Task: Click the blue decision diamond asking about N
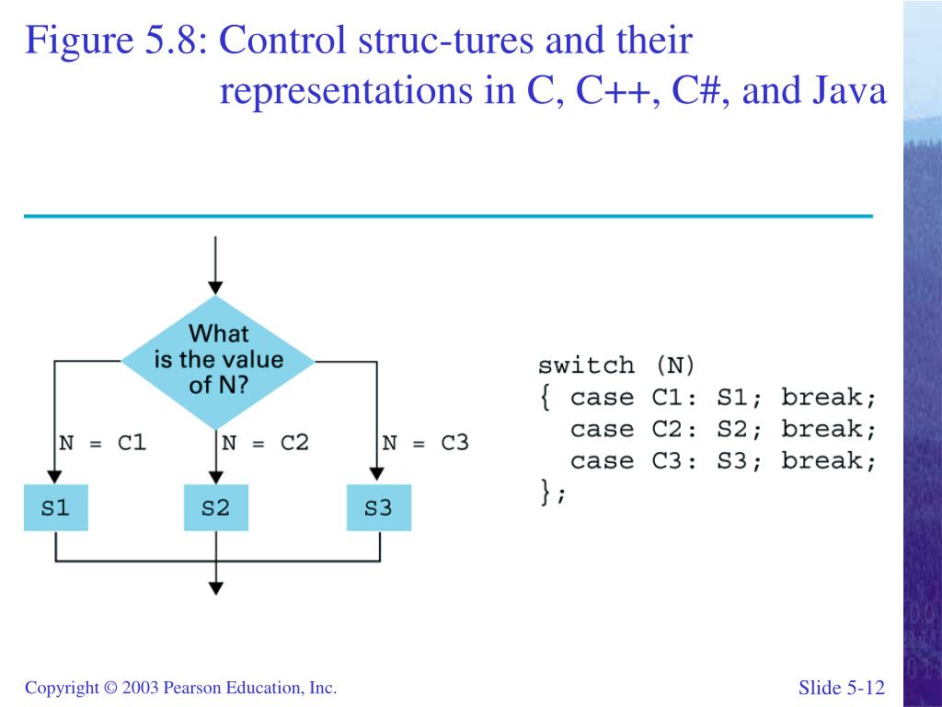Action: click(217, 359)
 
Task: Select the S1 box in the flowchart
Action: click(56, 507)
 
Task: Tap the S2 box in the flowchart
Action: click(215, 507)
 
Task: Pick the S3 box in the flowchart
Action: click(378, 507)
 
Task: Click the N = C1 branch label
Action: click(102, 443)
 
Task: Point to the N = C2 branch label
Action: click(265, 443)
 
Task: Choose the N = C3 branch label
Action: click(425, 443)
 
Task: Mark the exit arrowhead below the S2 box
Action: click(215, 586)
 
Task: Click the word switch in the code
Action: click(586, 365)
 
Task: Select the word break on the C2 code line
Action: click(829, 429)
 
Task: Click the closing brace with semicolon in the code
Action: click(553, 493)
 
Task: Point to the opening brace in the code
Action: click(546, 398)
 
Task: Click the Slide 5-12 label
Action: click(841, 688)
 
